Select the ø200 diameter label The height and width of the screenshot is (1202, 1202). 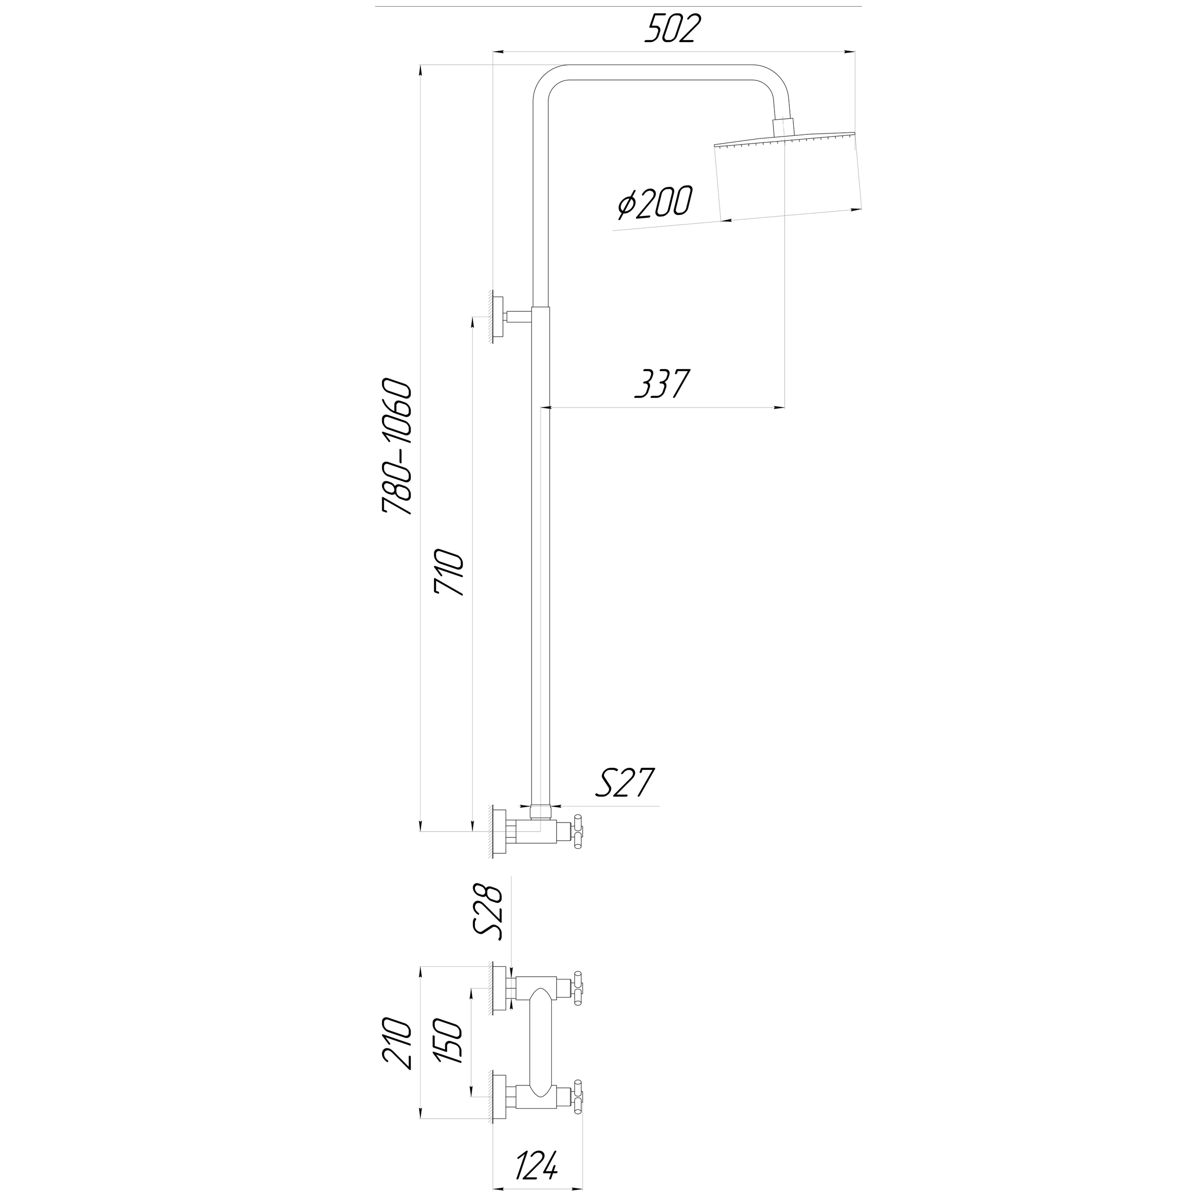point(654,203)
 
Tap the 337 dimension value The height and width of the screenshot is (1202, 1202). point(663,384)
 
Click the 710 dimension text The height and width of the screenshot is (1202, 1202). point(450,573)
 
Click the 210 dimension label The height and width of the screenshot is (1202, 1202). point(397,1051)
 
